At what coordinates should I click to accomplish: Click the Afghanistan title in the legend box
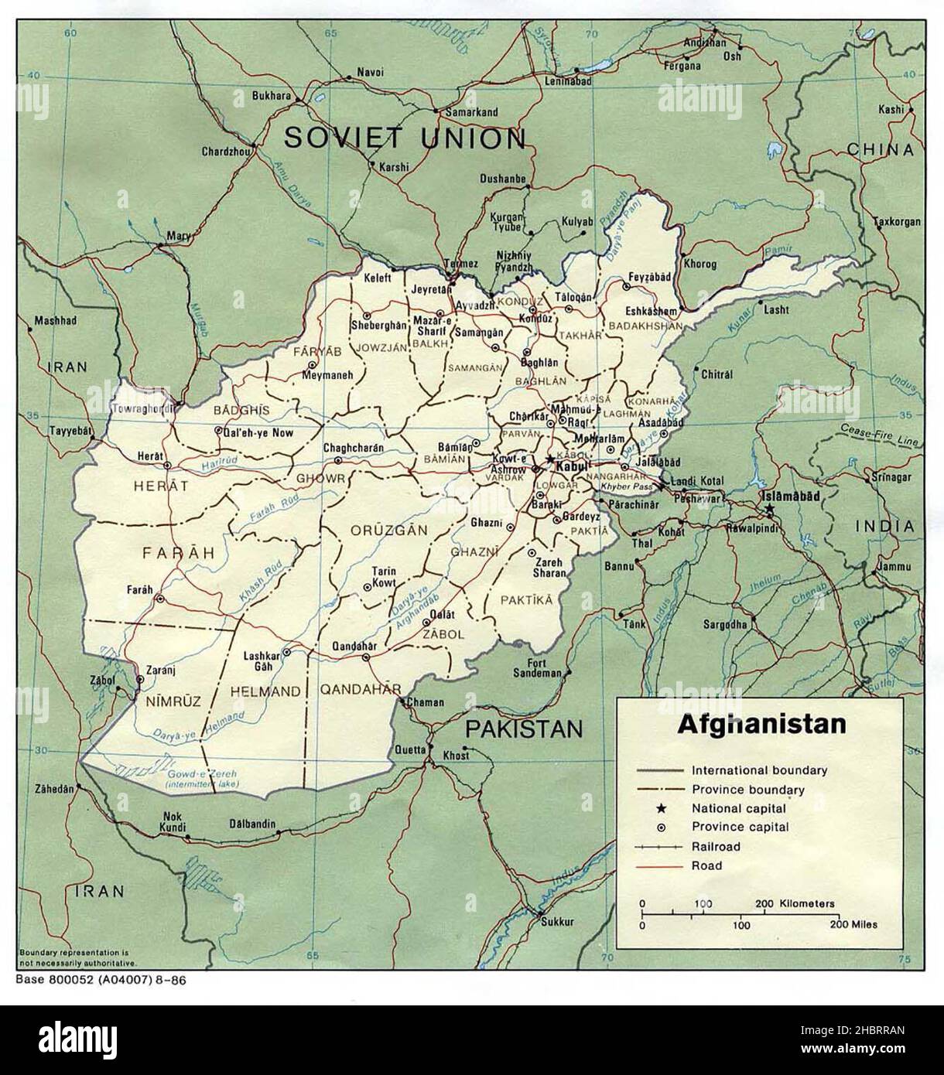coord(761,725)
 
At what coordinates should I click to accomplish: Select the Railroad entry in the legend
coord(716,846)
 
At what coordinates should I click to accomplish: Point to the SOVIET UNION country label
coord(405,138)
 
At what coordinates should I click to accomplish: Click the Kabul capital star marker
coord(550,459)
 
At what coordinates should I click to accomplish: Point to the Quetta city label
coord(411,749)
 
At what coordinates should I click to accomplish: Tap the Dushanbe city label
coord(502,178)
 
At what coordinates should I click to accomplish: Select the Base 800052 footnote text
coord(101,979)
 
